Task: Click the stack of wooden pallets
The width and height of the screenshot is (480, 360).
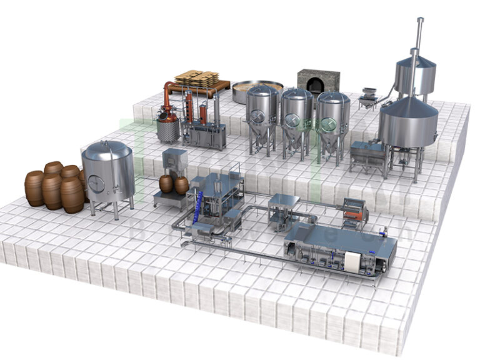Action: pos(196,78)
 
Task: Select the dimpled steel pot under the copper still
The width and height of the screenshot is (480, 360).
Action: pos(167,131)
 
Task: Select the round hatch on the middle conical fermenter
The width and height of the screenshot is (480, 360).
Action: pos(291,120)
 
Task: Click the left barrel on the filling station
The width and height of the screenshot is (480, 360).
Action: pos(166,183)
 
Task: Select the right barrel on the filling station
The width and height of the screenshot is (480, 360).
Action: pos(181,185)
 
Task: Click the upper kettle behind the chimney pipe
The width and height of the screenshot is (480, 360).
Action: pos(416,74)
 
